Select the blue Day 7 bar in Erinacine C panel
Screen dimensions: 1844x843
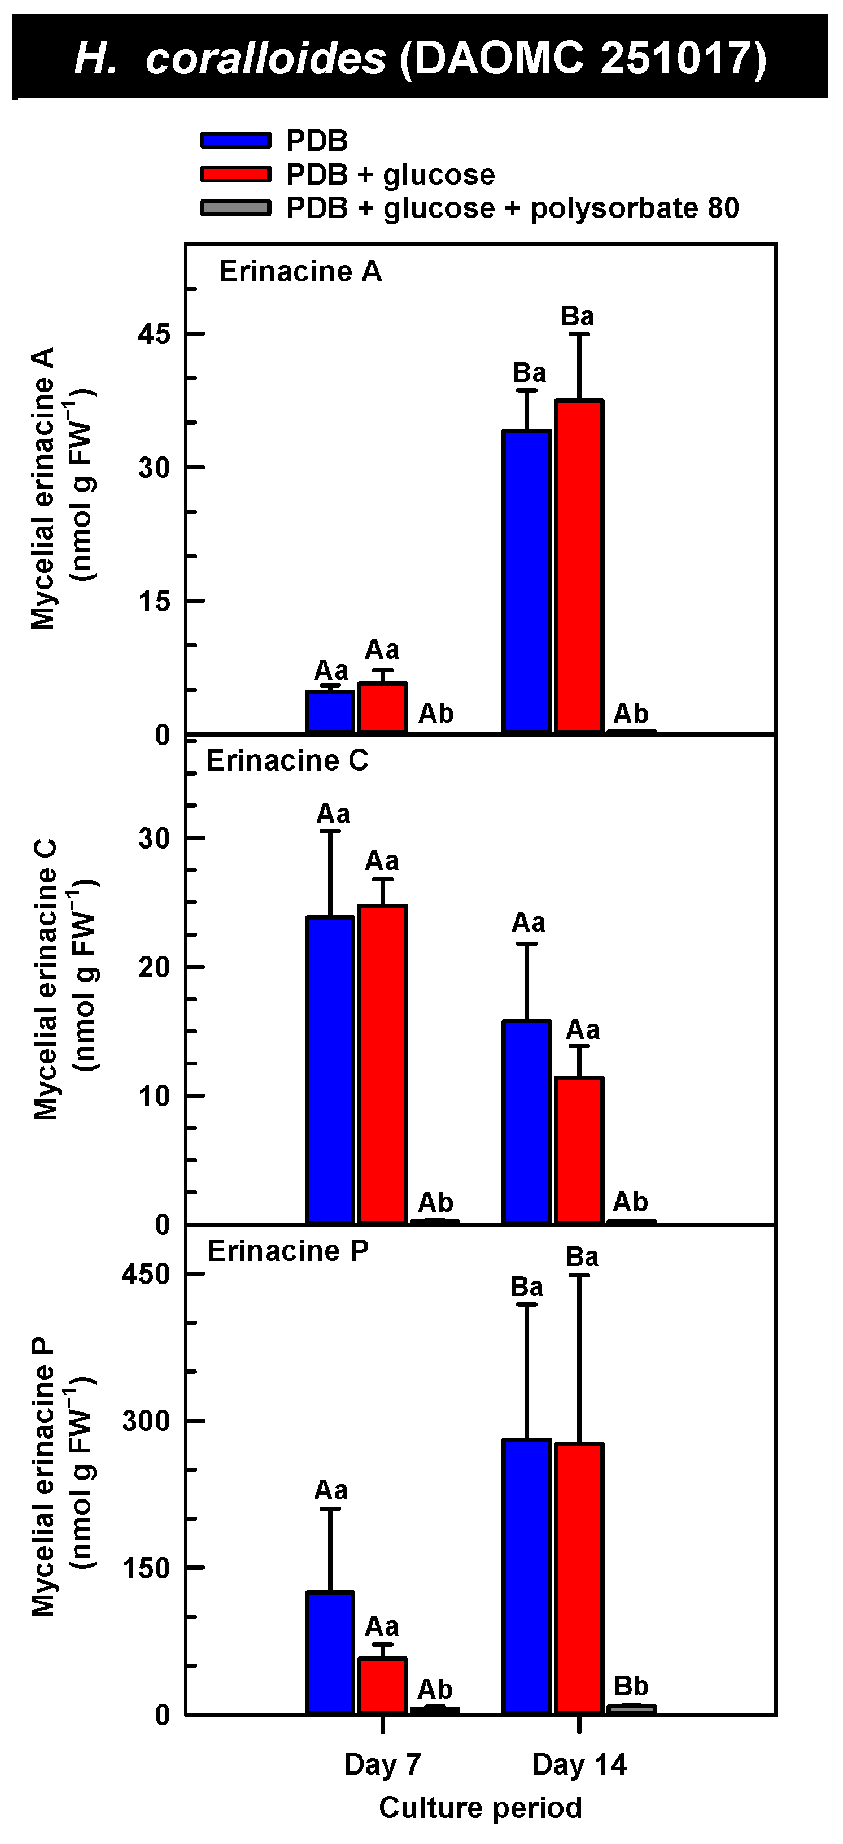pos(330,1069)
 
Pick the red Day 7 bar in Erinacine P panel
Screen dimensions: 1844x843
pos(382,1686)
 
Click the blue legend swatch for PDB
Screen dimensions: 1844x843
pos(235,140)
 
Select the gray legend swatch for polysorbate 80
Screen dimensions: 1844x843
pos(235,208)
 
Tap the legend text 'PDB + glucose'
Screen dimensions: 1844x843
pos(390,175)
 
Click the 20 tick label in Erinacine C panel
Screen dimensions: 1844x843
pos(155,967)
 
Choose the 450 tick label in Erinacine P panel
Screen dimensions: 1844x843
pos(146,1274)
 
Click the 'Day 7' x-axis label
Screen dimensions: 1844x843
pos(382,1764)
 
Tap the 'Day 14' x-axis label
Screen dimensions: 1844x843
pos(579,1764)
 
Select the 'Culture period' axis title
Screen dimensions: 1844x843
pos(480,1807)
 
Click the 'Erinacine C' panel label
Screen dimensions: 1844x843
pos(287,761)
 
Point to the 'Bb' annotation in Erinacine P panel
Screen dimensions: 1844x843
pos(631,1686)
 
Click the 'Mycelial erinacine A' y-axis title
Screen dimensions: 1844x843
pos(43,488)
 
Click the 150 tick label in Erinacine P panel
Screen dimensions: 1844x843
pos(146,1568)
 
